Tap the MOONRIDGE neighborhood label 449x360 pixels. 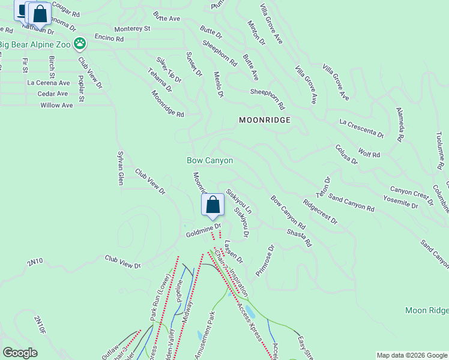tap(265, 120)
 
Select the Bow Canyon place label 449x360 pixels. tap(209, 161)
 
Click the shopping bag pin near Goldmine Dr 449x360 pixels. tap(212, 205)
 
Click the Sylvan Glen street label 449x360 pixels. tap(120, 167)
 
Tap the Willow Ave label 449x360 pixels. tap(56, 105)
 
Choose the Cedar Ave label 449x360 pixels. tap(53, 94)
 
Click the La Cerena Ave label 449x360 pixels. tap(49, 83)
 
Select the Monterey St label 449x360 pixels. tap(133, 28)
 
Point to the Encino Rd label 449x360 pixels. tap(109, 38)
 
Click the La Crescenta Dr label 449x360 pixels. tap(361, 127)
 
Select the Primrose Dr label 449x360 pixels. tap(265, 260)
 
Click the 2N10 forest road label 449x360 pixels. tap(35, 262)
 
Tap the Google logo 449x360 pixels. tap(20, 353)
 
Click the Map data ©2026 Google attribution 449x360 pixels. tap(412, 355)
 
